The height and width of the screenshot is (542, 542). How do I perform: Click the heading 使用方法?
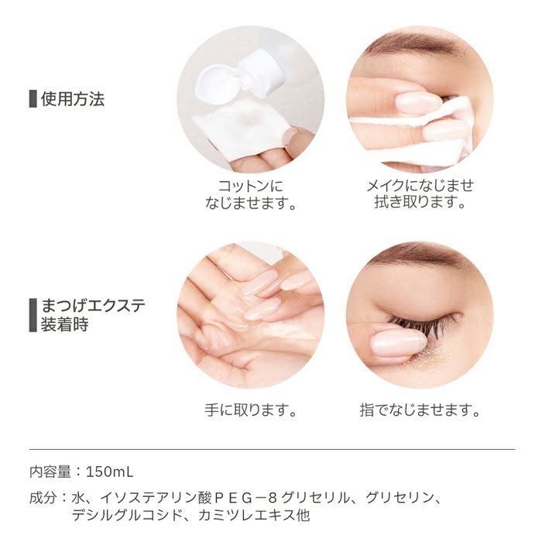(73, 99)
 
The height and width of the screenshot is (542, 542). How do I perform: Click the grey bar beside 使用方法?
(33, 99)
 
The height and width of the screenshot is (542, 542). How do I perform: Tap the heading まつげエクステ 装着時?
(93, 315)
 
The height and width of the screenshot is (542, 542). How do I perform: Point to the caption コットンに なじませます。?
(251, 194)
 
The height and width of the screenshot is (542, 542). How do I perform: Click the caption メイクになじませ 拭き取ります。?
(420, 194)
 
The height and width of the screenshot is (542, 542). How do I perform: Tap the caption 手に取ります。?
(251, 410)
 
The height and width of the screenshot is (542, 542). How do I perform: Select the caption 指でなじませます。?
(420, 410)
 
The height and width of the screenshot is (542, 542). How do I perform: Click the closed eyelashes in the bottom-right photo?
(426, 323)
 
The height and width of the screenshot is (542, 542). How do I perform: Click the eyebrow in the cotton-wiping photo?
(415, 44)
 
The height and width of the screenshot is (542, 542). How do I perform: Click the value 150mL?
(109, 472)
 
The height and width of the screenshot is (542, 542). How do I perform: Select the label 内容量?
(50, 472)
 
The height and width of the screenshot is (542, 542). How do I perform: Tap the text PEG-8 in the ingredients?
(245, 498)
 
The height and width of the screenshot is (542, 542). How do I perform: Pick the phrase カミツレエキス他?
(254, 516)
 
